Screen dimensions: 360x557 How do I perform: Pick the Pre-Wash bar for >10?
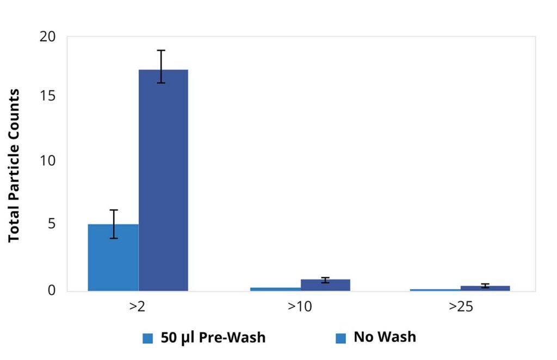(275, 289)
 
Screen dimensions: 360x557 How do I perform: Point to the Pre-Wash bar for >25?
(435, 290)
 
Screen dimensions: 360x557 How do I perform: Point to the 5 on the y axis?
(52, 225)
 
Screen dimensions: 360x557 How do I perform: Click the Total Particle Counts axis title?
(14, 166)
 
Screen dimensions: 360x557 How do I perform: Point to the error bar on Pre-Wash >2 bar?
(113, 224)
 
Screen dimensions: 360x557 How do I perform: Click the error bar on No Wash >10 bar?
(325, 280)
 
